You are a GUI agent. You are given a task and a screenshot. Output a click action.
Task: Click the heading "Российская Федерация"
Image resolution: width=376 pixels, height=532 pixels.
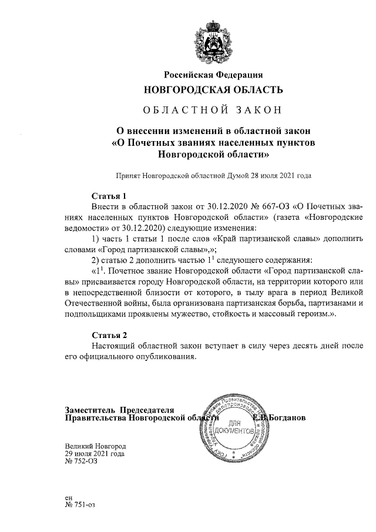[x=213, y=74]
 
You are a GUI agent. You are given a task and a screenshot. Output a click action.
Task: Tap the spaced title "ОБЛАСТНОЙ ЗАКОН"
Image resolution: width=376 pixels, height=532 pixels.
[x=213, y=110]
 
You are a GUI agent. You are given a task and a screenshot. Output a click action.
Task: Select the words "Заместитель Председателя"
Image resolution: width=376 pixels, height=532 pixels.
[x=120, y=409]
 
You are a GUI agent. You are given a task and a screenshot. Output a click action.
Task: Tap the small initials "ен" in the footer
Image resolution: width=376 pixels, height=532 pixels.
[x=69, y=497]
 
